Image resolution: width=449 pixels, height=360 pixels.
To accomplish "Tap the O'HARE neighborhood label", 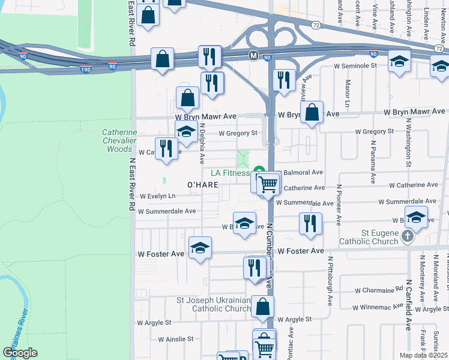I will pos(202,184).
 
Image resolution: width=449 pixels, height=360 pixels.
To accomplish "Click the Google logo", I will pos(20,352).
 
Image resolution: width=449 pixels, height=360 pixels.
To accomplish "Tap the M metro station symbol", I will pos(253,55).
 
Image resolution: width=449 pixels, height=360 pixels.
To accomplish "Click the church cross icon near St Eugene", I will pos(408,236).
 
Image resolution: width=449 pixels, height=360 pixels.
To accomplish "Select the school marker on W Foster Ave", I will pos(200,248).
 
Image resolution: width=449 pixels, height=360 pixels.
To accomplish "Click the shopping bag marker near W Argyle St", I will pos(263,307).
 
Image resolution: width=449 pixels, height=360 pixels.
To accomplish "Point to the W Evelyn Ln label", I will pos(157,196).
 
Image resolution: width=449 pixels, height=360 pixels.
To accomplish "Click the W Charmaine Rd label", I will pos(379,290).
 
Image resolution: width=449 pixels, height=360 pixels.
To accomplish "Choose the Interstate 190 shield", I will pos(86,70).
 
